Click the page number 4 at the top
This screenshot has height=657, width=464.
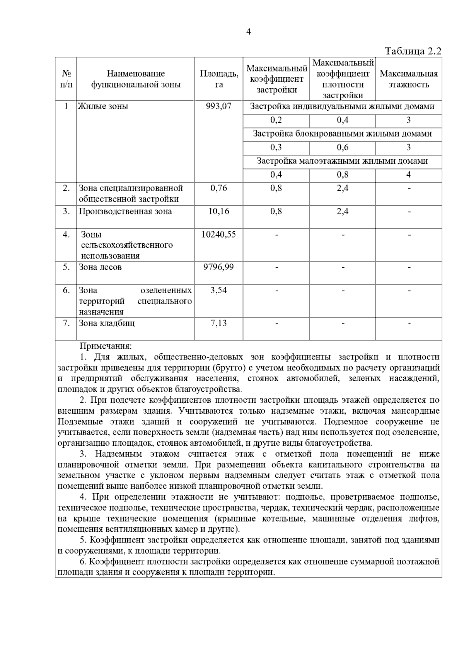(248, 32)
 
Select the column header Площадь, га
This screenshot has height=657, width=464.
(219, 79)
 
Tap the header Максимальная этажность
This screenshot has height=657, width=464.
(409, 79)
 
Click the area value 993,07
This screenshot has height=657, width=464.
(219, 106)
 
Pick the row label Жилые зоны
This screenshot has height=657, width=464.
(103, 106)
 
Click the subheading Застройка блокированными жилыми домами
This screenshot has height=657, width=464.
(342, 134)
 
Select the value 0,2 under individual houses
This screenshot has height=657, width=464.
(276, 120)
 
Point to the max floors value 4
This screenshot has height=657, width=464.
(409, 175)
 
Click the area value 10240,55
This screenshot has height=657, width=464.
(219, 234)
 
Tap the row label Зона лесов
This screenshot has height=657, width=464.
(100, 267)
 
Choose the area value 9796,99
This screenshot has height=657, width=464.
(219, 267)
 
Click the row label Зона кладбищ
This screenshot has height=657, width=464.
(107, 323)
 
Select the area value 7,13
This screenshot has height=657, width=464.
(219, 323)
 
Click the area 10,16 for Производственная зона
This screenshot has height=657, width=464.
(219, 211)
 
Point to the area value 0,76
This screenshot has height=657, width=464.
(219, 188)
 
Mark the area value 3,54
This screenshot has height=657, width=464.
(219, 291)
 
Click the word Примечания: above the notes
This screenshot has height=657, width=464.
(106, 346)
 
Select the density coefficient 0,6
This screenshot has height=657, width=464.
(343, 147)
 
